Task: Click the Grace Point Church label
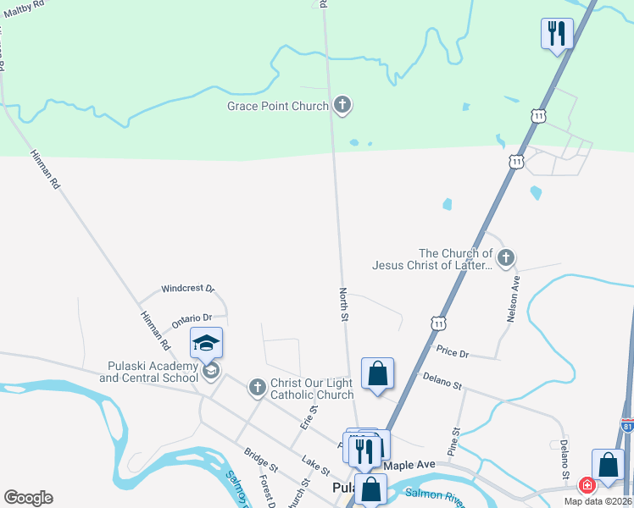(x=277, y=107)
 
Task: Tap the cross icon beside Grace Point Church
(x=342, y=106)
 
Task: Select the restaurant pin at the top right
(x=557, y=34)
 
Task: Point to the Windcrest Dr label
(x=188, y=289)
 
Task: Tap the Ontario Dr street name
(x=192, y=319)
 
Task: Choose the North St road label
(x=344, y=303)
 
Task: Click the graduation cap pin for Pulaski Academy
(x=207, y=344)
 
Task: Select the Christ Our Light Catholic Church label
(x=311, y=389)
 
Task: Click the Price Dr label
(x=453, y=351)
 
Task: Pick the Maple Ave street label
(x=409, y=466)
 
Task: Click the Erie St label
(x=308, y=416)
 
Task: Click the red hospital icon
(x=586, y=485)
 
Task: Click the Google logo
(x=28, y=498)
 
